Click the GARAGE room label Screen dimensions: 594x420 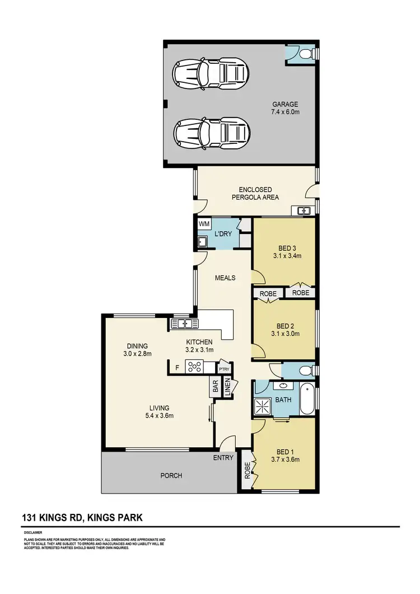click(285, 104)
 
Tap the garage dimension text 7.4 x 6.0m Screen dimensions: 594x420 click(285, 112)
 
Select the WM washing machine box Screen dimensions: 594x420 click(204, 224)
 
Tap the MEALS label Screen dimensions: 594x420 click(225, 278)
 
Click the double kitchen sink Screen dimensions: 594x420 click(184, 323)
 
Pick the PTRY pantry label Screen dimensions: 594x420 click(225, 370)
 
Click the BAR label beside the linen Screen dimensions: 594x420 click(215, 386)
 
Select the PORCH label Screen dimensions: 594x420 click(171, 476)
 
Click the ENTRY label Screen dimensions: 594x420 click(223, 458)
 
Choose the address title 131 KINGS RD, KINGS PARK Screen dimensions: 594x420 click(82, 518)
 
